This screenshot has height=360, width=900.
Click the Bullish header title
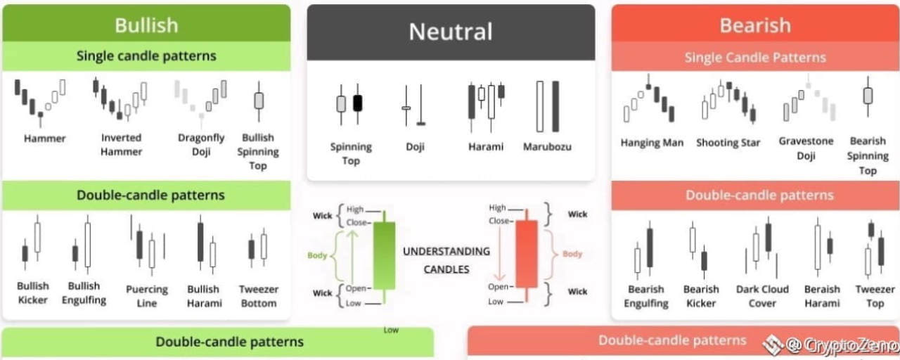pos(146,25)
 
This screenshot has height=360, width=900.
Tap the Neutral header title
pos(451,32)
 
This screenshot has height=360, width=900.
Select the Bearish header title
pos(755,25)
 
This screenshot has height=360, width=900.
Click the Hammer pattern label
pos(44,139)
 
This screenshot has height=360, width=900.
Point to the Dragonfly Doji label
pos(201,145)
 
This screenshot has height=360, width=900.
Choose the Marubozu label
pos(547,147)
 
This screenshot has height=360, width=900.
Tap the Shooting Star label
pos(728,143)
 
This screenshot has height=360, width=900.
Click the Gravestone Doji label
pos(806,148)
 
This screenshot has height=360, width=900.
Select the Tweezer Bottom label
pos(258,296)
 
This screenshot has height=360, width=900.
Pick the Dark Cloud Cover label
pos(762,296)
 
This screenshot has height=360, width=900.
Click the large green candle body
pos(384,255)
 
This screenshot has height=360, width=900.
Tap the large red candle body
pos(527,254)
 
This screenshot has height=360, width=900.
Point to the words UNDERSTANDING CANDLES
pos(446,260)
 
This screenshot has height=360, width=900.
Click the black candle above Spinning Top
pos(357,103)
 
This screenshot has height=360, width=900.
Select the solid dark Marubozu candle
pos(555,106)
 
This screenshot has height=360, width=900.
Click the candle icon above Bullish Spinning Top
pos(259,101)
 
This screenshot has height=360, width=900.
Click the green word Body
pos(317,255)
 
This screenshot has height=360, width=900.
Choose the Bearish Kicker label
pos(701,296)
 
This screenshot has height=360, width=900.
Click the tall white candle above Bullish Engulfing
pos(88,245)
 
